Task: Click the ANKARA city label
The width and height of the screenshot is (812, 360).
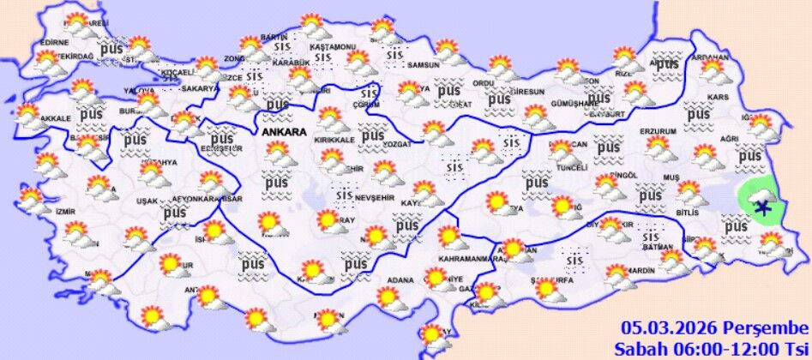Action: pos(280,134)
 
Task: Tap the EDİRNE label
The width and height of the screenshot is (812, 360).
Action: pos(53,41)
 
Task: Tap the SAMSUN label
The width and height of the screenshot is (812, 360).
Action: pos(423,65)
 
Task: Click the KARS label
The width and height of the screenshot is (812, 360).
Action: pos(717,98)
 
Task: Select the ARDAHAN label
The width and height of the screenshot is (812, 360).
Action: pos(713,57)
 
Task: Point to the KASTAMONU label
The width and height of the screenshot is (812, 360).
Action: pos(333,45)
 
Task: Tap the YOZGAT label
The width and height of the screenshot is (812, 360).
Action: pos(398,145)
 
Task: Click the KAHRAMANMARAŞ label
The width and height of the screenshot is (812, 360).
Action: pos(471,259)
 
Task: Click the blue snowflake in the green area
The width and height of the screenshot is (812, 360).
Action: pos(761,203)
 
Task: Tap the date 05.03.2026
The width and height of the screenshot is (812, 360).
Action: pos(668,328)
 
